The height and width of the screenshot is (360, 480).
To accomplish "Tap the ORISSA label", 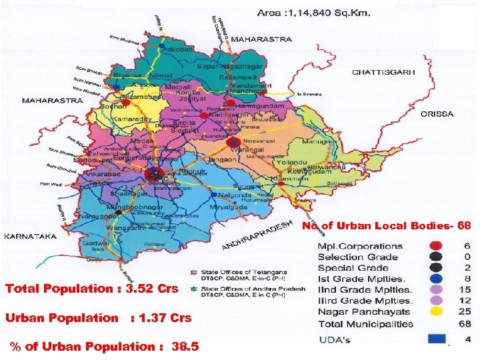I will tap(437, 114).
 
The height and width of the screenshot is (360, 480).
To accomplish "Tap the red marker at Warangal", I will tap(233, 143).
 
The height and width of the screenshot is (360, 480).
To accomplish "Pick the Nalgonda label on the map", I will tap(234, 195).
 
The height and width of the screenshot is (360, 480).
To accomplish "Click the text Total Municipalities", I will tap(365, 324).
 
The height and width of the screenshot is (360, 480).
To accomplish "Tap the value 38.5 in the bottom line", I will tap(185, 347).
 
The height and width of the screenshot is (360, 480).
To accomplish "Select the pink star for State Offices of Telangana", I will tap(193, 272).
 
